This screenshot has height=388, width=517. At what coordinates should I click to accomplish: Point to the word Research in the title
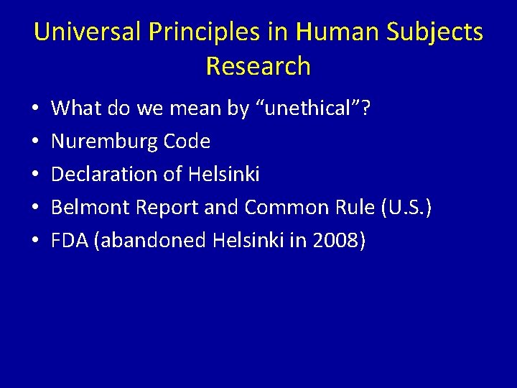pyautogui.click(x=258, y=66)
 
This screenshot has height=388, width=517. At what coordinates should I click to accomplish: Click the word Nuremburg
pyautogui.click(x=105, y=142)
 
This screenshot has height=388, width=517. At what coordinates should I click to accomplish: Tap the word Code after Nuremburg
pyautogui.click(x=187, y=142)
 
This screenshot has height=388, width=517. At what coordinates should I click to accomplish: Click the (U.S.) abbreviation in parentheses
pyautogui.click(x=406, y=208)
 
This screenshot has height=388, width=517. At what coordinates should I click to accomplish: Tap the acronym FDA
pyautogui.click(x=69, y=241)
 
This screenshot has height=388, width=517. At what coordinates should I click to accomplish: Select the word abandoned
pyautogui.click(x=150, y=241)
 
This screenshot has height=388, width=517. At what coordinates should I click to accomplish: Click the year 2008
pyautogui.click(x=335, y=241)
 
